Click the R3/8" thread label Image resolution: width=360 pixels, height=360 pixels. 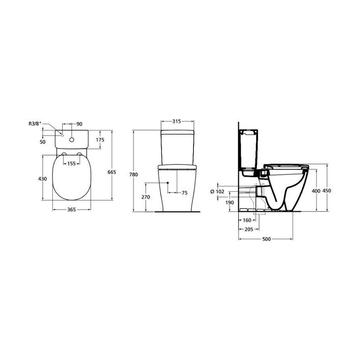[35, 124]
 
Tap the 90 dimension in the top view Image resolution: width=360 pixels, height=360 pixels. [79, 124]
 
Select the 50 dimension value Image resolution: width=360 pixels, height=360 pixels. [43, 142]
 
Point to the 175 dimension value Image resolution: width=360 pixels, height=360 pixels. [100, 139]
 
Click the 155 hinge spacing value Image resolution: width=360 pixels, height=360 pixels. [72, 164]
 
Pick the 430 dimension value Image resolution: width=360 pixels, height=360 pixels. [42, 179]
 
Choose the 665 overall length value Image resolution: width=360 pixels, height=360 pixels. [112, 172]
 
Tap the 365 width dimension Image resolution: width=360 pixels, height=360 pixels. [72, 210]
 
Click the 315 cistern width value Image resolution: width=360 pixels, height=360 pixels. [177, 121]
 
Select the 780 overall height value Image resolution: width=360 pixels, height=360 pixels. [134, 175]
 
